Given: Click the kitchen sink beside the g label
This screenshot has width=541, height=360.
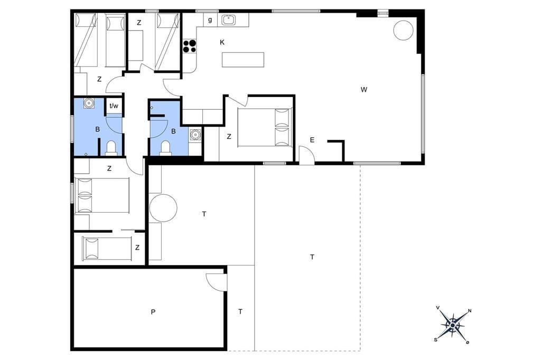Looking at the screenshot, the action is coord(228,20).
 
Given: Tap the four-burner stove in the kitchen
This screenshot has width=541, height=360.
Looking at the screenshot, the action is coord(190,46).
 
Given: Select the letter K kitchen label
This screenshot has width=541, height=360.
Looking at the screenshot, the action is coord(222,42).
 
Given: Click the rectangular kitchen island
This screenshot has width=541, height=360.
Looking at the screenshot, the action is coord(243,60).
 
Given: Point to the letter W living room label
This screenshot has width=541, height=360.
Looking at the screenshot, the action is coord(364,90).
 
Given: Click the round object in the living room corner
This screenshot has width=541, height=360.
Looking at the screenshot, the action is coord(403,30).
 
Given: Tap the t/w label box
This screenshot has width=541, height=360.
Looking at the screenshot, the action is coord(114,106).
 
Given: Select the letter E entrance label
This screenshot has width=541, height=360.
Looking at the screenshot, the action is coord(312,140).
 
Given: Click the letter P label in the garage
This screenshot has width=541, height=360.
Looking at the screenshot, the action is coord(153,312).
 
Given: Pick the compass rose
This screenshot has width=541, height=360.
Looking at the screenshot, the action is coord(452,325).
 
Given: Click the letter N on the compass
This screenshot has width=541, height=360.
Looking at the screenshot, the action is coord(470,311).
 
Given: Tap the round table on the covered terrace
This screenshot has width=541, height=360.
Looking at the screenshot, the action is coord(163,208).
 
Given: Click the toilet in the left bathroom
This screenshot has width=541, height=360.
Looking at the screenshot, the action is coord(111,148).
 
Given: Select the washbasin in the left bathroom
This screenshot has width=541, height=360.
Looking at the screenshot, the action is coord(89,103).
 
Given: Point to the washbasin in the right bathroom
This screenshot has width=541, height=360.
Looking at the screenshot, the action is coord(195,134).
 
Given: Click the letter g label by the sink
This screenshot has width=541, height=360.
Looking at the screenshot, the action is coord(210,20).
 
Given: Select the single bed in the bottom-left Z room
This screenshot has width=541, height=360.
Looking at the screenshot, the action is coord(107,248).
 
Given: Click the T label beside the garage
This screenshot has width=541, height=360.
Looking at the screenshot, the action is coord(240,312).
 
